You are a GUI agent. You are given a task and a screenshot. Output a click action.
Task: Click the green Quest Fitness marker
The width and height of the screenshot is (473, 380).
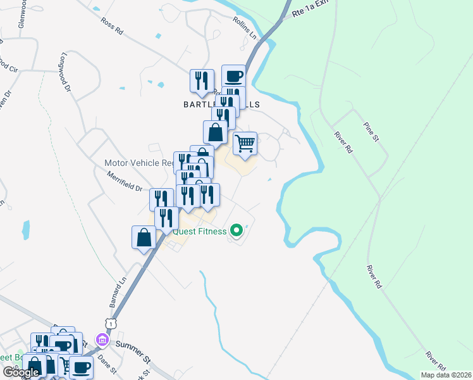236,231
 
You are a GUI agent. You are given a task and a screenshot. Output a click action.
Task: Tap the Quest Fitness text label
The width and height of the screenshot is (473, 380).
200,231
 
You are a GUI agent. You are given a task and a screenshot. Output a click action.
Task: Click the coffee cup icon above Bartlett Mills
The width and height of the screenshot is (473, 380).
233,76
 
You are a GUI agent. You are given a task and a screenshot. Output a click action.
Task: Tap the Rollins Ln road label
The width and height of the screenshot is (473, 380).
244,29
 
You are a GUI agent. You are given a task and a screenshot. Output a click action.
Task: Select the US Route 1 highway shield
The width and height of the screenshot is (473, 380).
111,324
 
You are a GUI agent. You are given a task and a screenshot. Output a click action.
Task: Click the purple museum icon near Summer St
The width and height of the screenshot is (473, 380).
100,339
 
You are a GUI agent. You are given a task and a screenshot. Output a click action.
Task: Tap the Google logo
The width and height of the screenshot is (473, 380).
21,372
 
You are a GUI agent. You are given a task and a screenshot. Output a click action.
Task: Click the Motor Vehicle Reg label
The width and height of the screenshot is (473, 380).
139,163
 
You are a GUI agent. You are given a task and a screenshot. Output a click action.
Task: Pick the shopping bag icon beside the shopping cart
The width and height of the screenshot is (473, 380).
215,132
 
